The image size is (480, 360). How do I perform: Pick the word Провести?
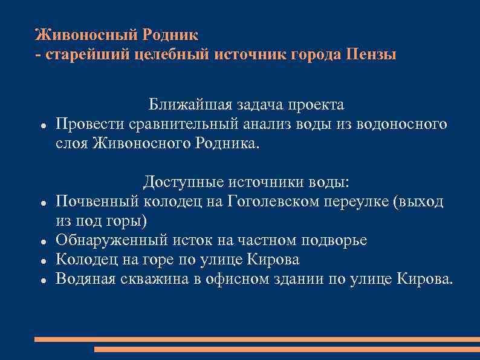(90, 124)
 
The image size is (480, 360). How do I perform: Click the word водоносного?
(397, 124)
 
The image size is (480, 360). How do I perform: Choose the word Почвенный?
(96, 201)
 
